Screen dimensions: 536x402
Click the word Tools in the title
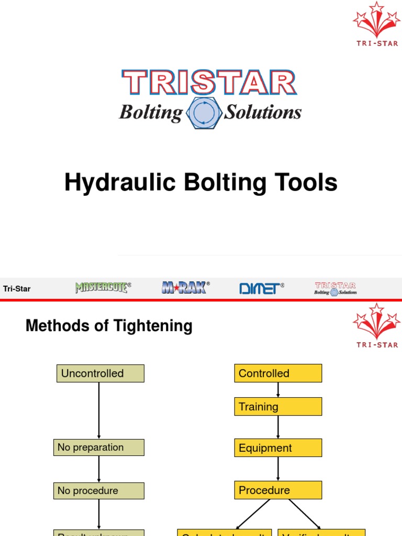click(x=308, y=183)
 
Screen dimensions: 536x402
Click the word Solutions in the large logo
click(x=263, y=112)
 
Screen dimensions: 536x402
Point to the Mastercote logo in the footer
click(x=103, y=287)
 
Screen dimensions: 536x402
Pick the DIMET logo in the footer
click(x=261, y=288)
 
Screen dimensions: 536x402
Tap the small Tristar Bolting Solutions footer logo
click(x=335, y=288)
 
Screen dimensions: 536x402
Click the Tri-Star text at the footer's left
click(x=17, y=288)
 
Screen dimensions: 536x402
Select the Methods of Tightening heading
click(x=109, y=326)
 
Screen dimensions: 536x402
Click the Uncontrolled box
click(x=100, y=373)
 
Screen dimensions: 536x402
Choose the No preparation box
click(x=98, y=448)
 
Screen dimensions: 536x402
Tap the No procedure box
click(x=98, y=490)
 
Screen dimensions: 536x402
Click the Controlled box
click(x=277, y=373)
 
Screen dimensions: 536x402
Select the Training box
click(x=277, y=406)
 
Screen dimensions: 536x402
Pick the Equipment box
click(x=277, y=448)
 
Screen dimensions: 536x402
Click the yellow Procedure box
click(x=277, y=490)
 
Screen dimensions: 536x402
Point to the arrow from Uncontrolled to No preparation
click(x=99, y=410)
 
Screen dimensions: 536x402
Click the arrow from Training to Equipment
click(x=278, y=427)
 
